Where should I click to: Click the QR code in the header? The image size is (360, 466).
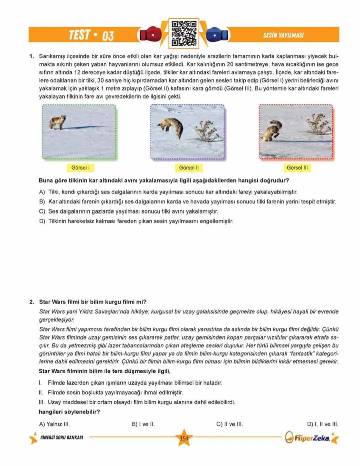click(x=184, y=33)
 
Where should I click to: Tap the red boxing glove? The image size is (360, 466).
click(x=150, y=34)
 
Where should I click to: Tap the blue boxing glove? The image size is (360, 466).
click(x=217, y=34)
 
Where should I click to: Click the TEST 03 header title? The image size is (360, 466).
click(x=91, y=35)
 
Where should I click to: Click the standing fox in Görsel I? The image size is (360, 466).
click(x=58, y=122)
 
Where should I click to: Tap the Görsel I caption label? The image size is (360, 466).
click(x=80, y=168)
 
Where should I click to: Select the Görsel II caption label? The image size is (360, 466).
click(x=189, y=168)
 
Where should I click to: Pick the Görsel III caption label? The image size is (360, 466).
click(x=297, y=168)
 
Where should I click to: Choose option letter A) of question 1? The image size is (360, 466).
click(x=42, y=192)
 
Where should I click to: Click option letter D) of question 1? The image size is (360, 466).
click(x=42, y=221)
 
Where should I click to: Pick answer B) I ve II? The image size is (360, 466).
click(x=143, y=424)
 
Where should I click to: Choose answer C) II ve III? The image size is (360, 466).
click(x=230, y=424)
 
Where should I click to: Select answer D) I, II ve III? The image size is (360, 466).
click(x=322, y=424)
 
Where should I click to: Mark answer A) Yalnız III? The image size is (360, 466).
click(x=54, y=424)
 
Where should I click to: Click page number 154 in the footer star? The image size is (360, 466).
click(x=184, y=438)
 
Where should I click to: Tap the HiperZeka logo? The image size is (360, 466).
click(x=308, y=438)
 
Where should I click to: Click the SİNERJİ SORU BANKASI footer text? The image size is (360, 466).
click(x=62, y=437)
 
